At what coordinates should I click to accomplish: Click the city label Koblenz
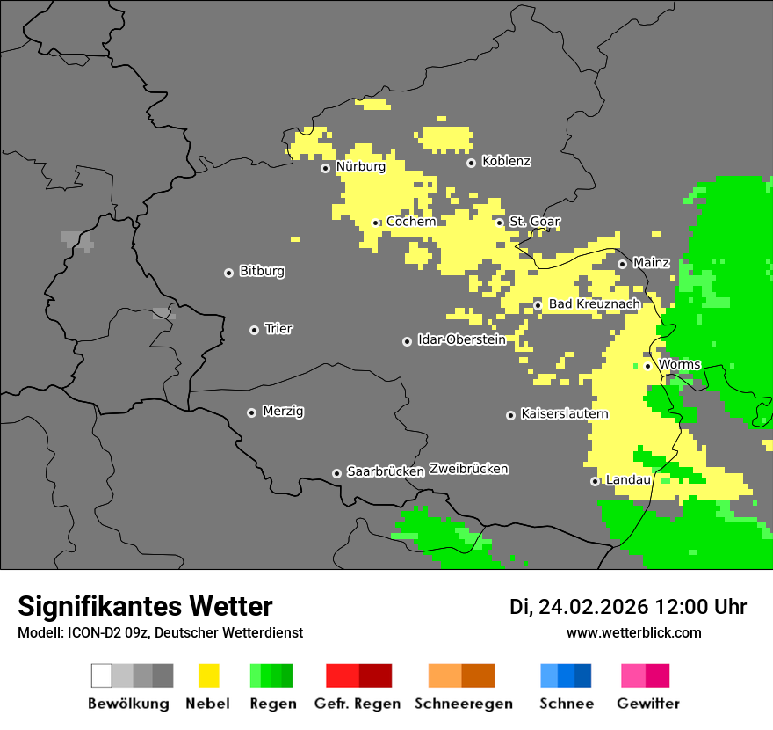(506, 161)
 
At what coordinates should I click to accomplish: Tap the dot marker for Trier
(254, 330)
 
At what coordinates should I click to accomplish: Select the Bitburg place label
(262, 271)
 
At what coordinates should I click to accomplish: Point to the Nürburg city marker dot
(325, 168)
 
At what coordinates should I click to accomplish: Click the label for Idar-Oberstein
(461, 339)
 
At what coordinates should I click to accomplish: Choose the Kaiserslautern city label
(564, 413)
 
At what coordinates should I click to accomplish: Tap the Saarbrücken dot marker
(336, 473)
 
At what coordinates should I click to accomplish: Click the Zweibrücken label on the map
(468, 469)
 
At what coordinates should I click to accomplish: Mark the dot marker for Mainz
(622, 264)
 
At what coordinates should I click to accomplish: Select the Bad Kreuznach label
(594, 303)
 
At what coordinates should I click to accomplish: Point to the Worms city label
(679, 364)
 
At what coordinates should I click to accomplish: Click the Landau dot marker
(595, 481)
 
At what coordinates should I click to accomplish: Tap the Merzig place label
(283, 411)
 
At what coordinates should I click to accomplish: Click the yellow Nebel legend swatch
(208, 675)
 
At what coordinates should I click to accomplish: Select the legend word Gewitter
(648, 704)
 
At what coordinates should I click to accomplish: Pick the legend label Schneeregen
(464, 704)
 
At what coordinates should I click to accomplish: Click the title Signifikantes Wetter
(145, 606)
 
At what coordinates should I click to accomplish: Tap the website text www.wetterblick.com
(633, 632)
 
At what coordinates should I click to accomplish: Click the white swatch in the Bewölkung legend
(101, 675)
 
